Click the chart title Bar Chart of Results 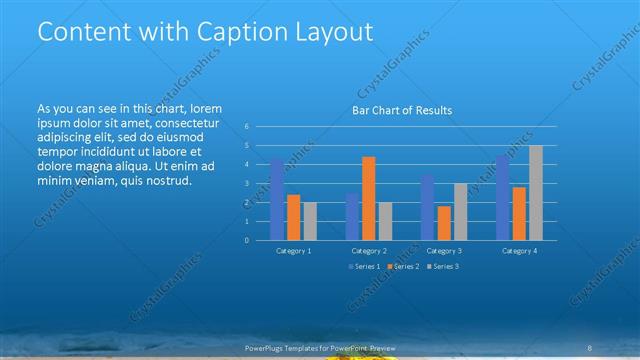click(x=402, y=110)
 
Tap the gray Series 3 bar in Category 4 click(x=535, y=192)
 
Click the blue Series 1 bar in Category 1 click(x=277, y=199)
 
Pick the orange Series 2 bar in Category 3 click(x=444, y=222)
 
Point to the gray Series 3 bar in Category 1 click(x=309, y=221)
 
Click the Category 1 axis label click(x=293, y=250)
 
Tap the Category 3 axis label click(x=444, y=250)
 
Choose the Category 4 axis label click(x=519, y=250)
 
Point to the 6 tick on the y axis click(x=246, y=127)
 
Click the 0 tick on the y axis click(x=246, y=240)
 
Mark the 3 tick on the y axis click(x=246, y=184)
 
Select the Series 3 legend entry click(x=442, y=267)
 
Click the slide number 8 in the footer click(x=592, y=347)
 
